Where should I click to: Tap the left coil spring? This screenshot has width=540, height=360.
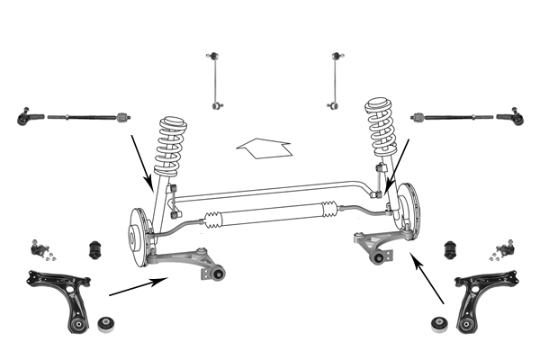click(x=169, y=144)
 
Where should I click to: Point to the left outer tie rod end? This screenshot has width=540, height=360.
click(x=27, y=116)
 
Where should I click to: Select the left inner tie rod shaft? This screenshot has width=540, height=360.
click(x=85, y=116)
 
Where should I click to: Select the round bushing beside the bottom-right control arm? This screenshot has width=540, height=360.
click(x=440, y=322)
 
